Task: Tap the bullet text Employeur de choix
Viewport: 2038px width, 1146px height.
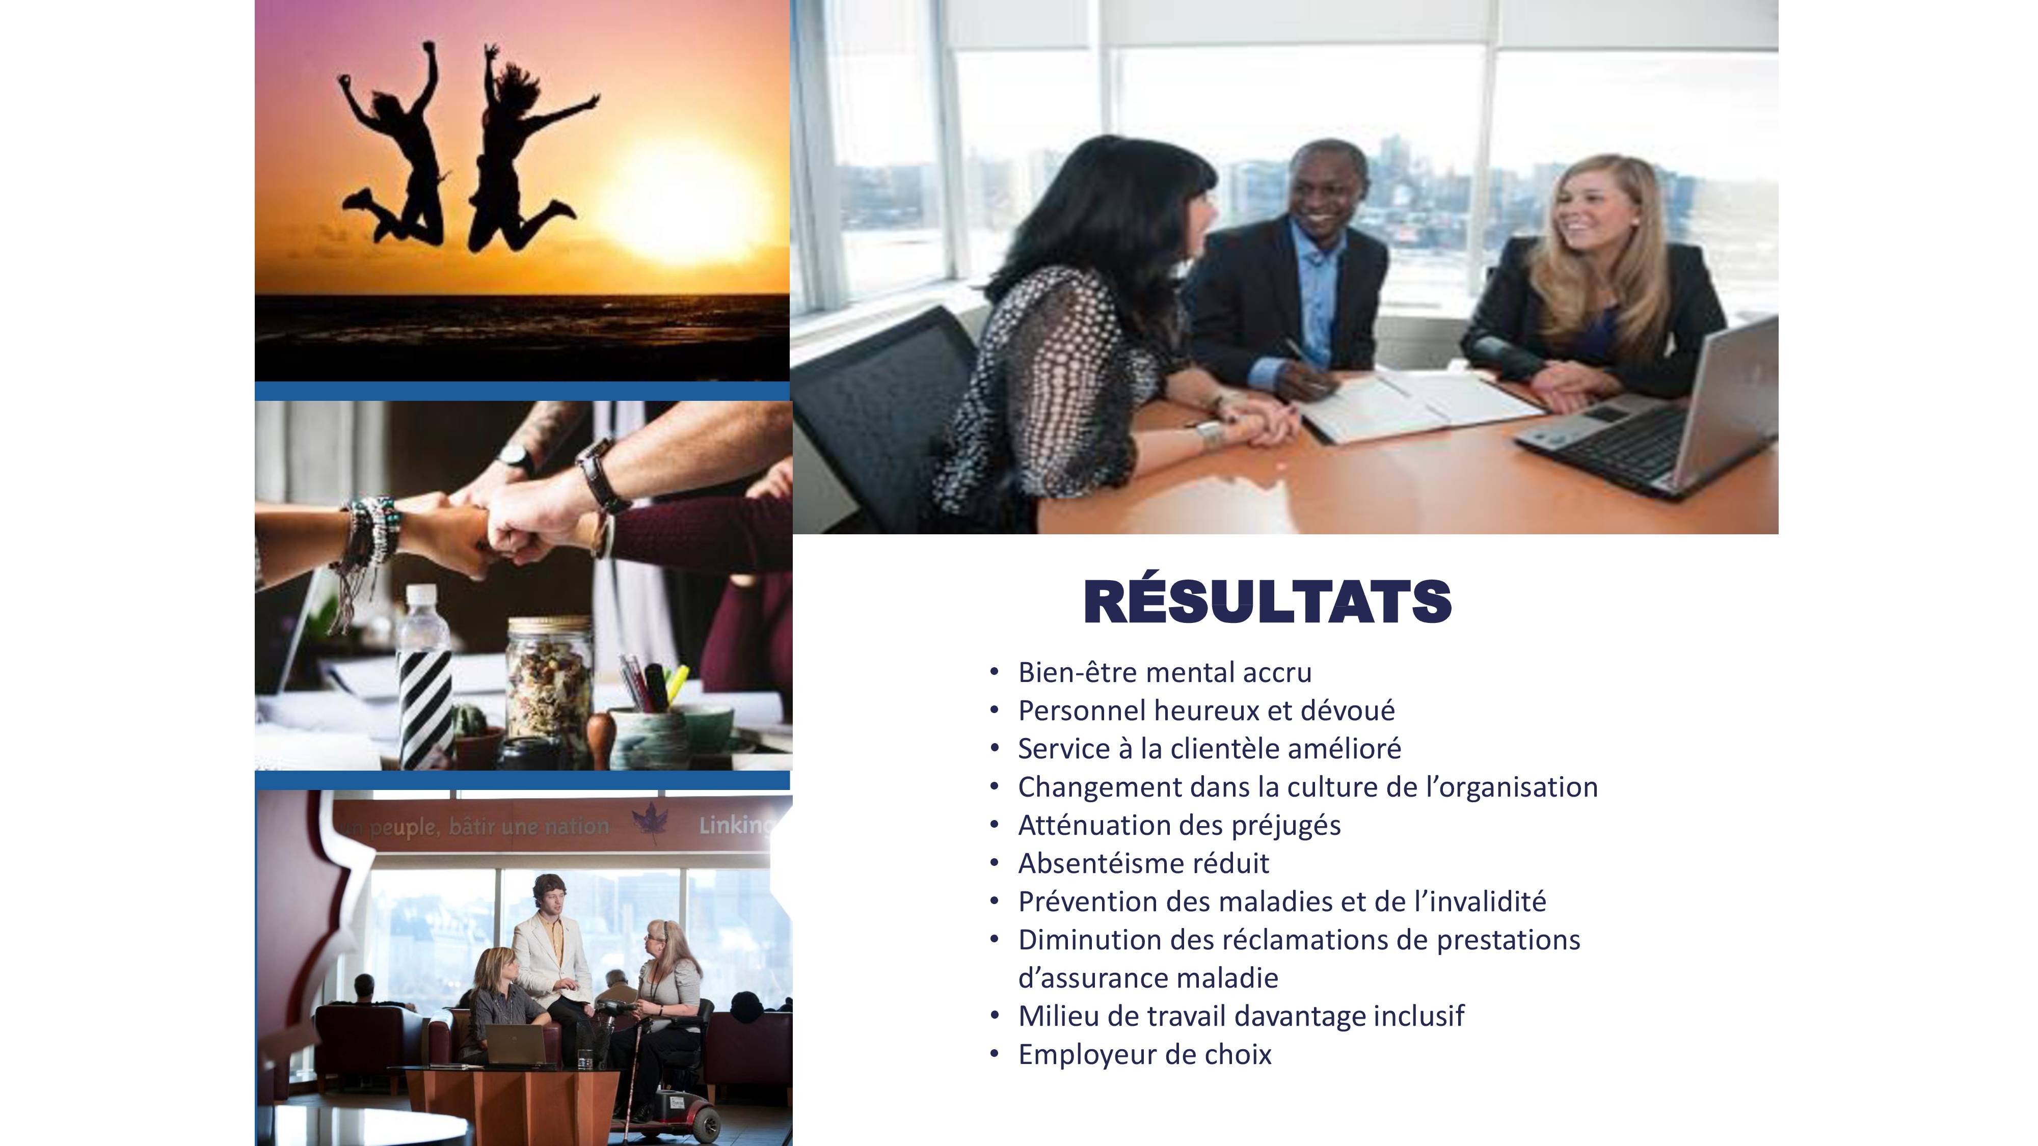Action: pyautogui.click(x=1145, y=1054)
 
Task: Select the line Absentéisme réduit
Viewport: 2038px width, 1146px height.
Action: pyautogui.click(x=1143, y=863)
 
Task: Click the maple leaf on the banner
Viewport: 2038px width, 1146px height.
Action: pyautogui.click(x=650, y=823)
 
